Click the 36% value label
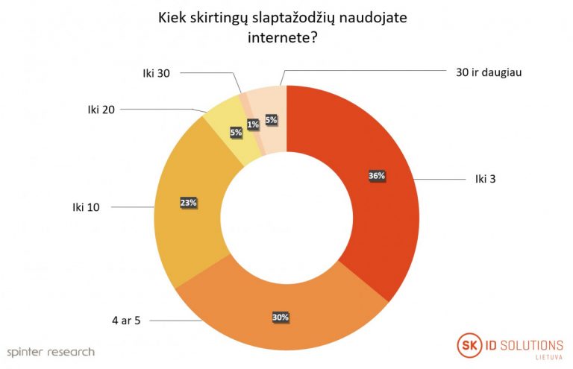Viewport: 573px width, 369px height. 376,176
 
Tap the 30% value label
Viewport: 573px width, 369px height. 281,317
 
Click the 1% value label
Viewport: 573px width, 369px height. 253,124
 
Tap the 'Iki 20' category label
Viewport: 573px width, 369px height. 100,110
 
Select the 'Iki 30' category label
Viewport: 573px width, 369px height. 157,72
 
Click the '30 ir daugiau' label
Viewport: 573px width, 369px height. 488,72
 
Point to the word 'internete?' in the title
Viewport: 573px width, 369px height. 286,37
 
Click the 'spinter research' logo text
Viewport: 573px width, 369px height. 51,351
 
